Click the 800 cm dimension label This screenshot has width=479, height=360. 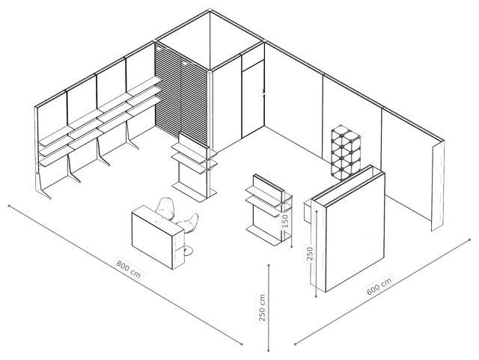click(x=129, y=269)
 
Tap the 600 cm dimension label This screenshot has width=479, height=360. click(x=379, y=286)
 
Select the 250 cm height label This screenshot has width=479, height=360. click(x=262, y=308)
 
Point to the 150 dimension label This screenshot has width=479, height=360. click(x=285, y=220)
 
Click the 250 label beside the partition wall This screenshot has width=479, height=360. click(x=309, y=254)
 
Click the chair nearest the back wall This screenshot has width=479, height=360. click(x=165, y=209)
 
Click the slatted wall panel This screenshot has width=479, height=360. click(x=182, y=95)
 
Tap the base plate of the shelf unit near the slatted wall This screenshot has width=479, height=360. click(x=194, y=191)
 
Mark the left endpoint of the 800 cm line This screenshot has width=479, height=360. click(x=10, y=206)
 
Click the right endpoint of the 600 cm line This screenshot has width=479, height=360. click(x=469, y=240)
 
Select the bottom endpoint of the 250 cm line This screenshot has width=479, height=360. click(x=269, y=350)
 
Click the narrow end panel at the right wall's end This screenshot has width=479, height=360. click(x=438, y=186)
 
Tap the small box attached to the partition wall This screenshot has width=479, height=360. click(x=308, y=211)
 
